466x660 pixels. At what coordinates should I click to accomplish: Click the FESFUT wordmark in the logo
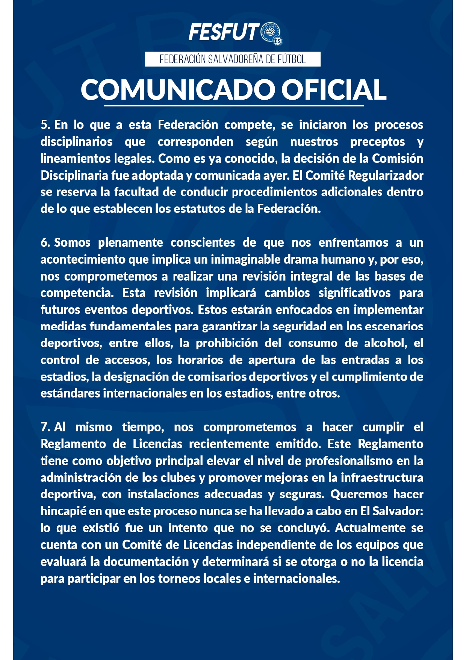[x=224, y=32]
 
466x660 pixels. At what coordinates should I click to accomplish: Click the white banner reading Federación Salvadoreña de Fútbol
[x=233, y=59]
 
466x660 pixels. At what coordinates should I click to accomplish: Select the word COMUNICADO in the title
[x=177, y=90]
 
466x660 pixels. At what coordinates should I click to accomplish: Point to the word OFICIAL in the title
[x=334, y=90]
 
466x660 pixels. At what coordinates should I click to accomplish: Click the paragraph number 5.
[x=45, y=125]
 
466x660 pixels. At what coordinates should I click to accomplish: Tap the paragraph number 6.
[x=45, y=243]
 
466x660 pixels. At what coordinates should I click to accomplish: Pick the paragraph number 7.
[x=45, y=427]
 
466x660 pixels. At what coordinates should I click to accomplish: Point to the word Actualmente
[x=370, y=528]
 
